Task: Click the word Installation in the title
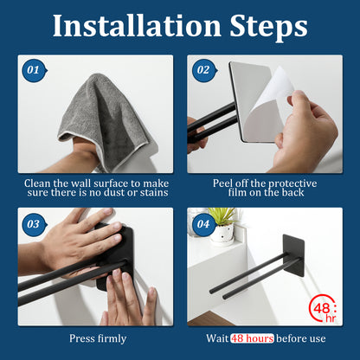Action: pyautogui.click(x=138, y=26)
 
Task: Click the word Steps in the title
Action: pyautogui.click(x=266, y=26)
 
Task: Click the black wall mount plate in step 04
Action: pyautogui.click(x=293, y=252)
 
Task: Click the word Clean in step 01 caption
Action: pyautogui.click(x=40, y=183)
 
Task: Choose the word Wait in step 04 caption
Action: pyautogui.click(x=216, y=339)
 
